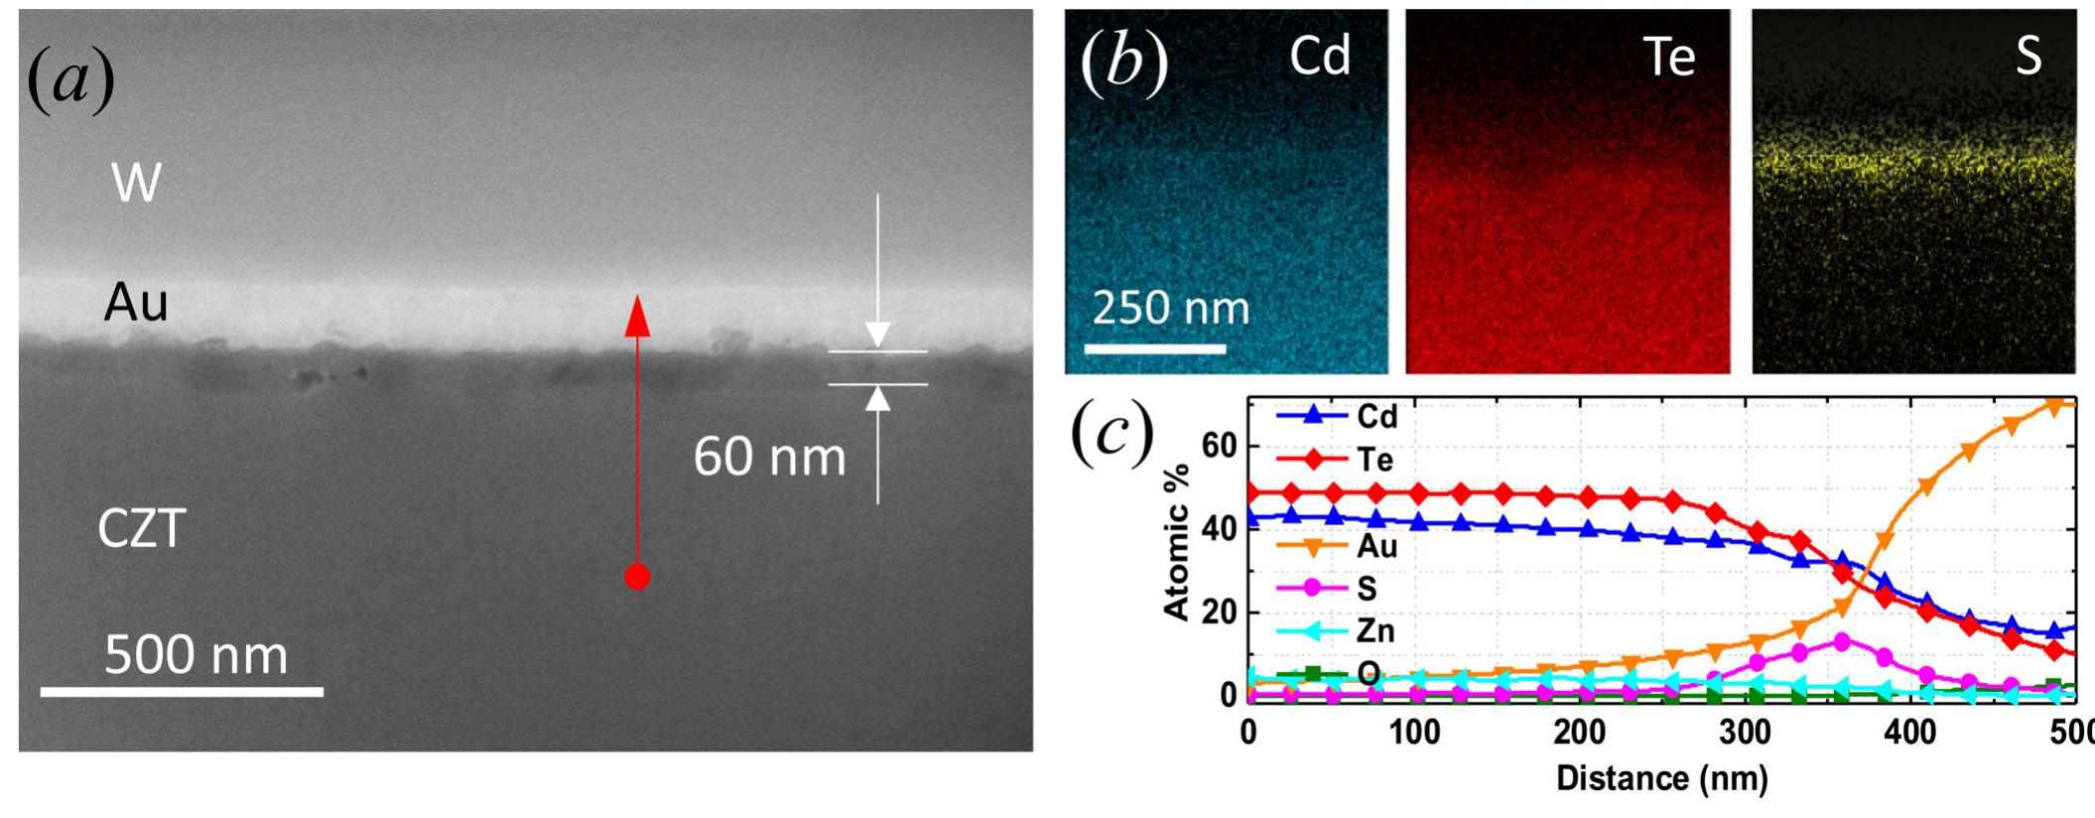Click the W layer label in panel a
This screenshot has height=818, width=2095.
click(136, 184)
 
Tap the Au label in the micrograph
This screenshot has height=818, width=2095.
click(136, 303)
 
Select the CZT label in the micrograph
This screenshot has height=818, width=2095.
click(141, 529)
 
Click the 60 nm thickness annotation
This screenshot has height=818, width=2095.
click(769, 457)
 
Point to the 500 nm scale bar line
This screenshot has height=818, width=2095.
click(182, 691)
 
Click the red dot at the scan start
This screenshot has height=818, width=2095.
click(637, 576)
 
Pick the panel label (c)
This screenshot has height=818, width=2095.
click(1113, 433)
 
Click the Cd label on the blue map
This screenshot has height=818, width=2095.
click(1320, 56)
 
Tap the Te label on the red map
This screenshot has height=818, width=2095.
click(1669, 58)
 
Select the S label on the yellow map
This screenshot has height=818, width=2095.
click(2029, 58)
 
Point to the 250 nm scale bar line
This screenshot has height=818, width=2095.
click(1155, 348)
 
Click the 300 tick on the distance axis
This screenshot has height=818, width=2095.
click(1745, 734)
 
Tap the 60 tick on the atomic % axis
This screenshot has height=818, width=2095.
click(1219, 447)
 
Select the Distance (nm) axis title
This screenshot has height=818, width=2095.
click(1661, 778)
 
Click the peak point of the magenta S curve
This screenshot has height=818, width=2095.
click(1842, 641)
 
